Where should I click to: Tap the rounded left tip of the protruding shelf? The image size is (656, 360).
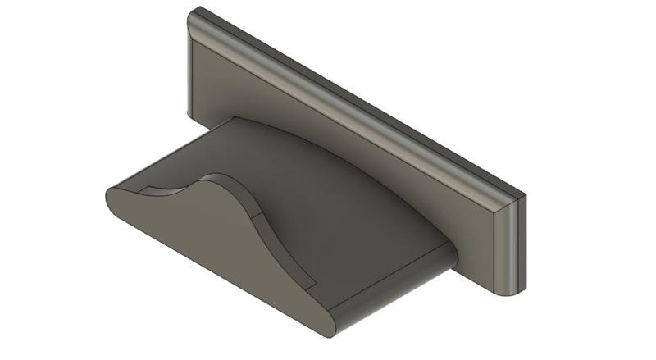click(109, 198)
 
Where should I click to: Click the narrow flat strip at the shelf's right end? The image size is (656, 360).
click(394, 283)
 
